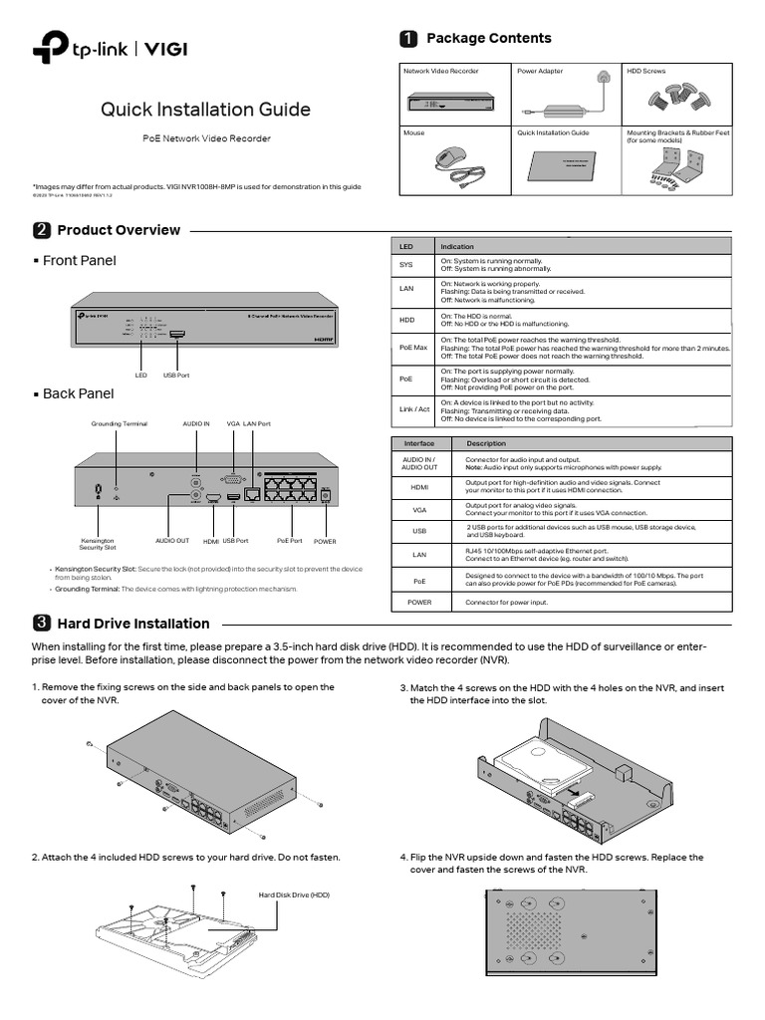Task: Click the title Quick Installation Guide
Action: coord(205,110)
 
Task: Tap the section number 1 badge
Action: coord(407,39)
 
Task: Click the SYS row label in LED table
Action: coord(405,265)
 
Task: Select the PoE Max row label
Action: coord(412,347)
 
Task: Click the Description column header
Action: coord(486,443)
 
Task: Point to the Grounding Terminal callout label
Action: coord(120,423)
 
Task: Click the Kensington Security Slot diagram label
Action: coord(98,544)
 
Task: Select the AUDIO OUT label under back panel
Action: coord(171,540)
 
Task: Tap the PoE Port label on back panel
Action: coord(289,540)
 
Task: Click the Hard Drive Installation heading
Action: coord(133,624)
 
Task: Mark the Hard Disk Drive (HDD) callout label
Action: coord(294,894)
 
